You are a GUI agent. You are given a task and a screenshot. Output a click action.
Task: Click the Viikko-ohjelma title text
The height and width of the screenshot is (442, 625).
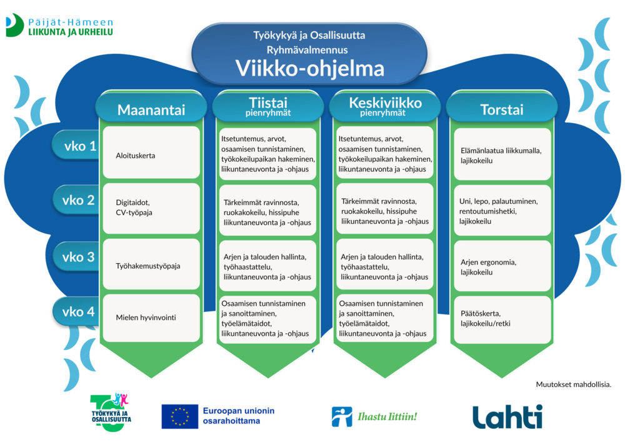coord(309,68)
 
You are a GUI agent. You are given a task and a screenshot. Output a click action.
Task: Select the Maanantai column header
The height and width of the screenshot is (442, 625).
coord(151,110)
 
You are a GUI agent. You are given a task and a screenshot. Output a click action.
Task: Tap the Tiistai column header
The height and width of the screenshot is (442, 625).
coord(267,106)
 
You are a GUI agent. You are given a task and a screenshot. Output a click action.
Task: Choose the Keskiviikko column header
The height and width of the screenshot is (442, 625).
coord(385,106)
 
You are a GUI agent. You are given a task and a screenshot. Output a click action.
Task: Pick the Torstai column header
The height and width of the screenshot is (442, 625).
coord(501,110)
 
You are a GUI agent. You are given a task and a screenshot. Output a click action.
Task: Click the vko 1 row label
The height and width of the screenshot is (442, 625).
coord(80,146)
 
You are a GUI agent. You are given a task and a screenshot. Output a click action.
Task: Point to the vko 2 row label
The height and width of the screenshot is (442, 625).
coord(79,201)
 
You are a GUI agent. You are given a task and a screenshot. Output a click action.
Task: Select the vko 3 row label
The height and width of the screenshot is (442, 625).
coord(79,257)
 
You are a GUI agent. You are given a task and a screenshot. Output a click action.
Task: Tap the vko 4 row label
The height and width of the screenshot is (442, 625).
coord(79,311)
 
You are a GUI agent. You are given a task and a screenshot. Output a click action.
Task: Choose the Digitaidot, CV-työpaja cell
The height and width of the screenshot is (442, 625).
coord(151,208)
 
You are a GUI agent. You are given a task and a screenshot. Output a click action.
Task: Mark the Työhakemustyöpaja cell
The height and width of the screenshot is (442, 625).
coord(151,266)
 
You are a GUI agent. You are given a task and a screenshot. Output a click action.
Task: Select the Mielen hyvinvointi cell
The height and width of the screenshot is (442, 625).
coord(151,318)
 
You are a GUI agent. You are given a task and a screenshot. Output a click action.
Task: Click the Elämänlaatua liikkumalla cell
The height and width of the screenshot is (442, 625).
coord(502,155)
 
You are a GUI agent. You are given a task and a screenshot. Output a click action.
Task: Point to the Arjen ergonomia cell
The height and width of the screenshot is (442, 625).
coord(502,267)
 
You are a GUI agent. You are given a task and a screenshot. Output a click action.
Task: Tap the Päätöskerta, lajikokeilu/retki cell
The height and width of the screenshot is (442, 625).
coord(502,318)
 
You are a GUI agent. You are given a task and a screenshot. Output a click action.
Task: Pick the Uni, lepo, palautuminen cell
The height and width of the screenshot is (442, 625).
coord(502,211)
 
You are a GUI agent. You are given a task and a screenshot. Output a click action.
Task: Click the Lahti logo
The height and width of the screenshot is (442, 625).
coord(507,417)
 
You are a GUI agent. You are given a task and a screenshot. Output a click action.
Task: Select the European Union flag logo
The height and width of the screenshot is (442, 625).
coord(179,416)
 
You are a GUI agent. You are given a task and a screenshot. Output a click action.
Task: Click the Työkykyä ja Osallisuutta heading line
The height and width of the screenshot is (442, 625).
coord(309,35)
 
